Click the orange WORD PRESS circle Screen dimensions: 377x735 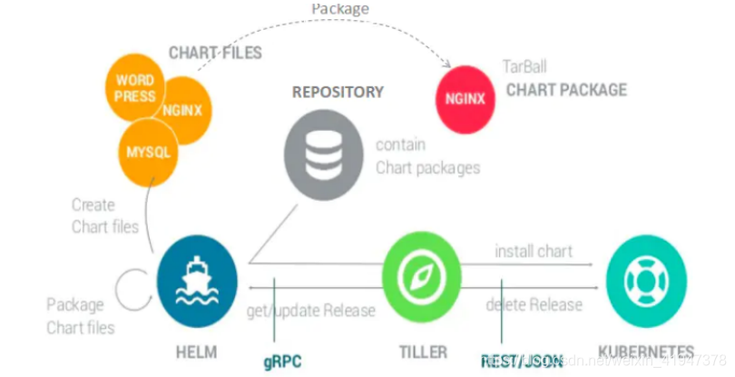coord(134,89)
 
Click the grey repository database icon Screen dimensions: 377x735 coord(323,157)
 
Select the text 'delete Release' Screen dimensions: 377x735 coord(534,304)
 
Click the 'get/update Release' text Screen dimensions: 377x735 coord(310,311)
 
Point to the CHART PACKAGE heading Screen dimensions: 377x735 coord(566,89)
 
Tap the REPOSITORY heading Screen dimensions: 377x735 coord(338,93)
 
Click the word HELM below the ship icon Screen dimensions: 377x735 coord(196,351)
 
